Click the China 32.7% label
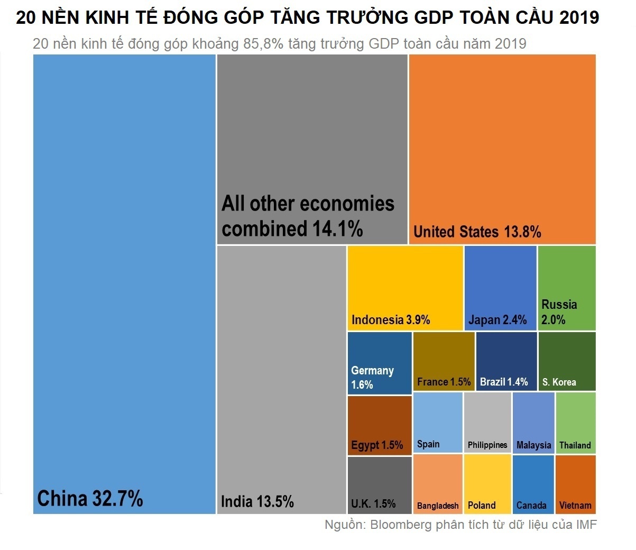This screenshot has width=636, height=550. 90,499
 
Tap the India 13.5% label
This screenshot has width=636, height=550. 257,501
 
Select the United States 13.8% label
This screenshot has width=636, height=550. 477,232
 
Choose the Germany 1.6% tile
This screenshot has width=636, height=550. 379,363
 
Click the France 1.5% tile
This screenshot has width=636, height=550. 444,361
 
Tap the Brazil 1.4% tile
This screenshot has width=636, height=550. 506,361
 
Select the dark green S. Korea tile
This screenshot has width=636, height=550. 567,361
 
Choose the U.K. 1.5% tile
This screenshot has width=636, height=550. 379,484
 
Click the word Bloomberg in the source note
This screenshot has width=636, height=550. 401,525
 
